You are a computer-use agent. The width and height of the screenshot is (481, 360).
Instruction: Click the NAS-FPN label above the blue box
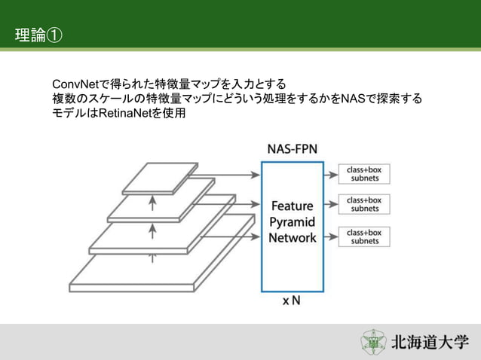coord(293,149)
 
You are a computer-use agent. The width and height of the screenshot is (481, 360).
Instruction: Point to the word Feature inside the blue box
coord(293,206)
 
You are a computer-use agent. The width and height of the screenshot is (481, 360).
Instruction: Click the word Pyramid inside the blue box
coord(293,221)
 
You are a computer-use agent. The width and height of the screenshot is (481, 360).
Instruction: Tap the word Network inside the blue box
coord(293,237)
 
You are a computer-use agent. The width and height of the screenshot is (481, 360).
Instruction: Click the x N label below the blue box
coord(292,301)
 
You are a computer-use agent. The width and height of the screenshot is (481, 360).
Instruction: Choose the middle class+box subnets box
coord(364,205)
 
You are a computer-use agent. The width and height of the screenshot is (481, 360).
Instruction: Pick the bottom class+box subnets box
coord(364,236)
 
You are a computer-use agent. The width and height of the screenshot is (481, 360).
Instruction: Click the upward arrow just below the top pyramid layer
coord(152,201)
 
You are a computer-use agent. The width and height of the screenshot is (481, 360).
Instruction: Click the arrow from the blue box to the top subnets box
coord(330,175)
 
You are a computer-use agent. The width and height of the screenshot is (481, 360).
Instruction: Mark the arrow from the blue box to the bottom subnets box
coord(330,236)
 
